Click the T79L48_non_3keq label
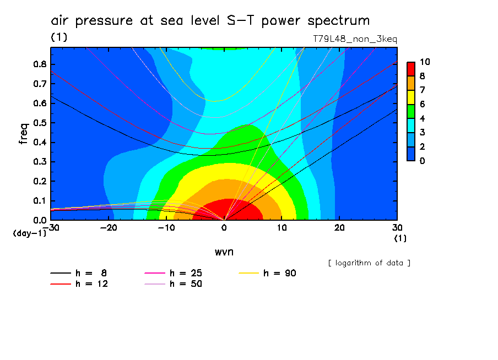click(x=354, y=39)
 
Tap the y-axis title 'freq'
click(x=24, y=134)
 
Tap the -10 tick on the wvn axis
click(x=166, y=227)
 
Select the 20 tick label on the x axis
click(x=339, y=227)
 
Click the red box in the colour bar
click(x=410, y=68)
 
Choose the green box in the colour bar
click(x=410, y=111)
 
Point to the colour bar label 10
click(x=425, y=62)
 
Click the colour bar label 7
click(x=422, y=90)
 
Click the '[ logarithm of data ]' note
click(x=369, y=263)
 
